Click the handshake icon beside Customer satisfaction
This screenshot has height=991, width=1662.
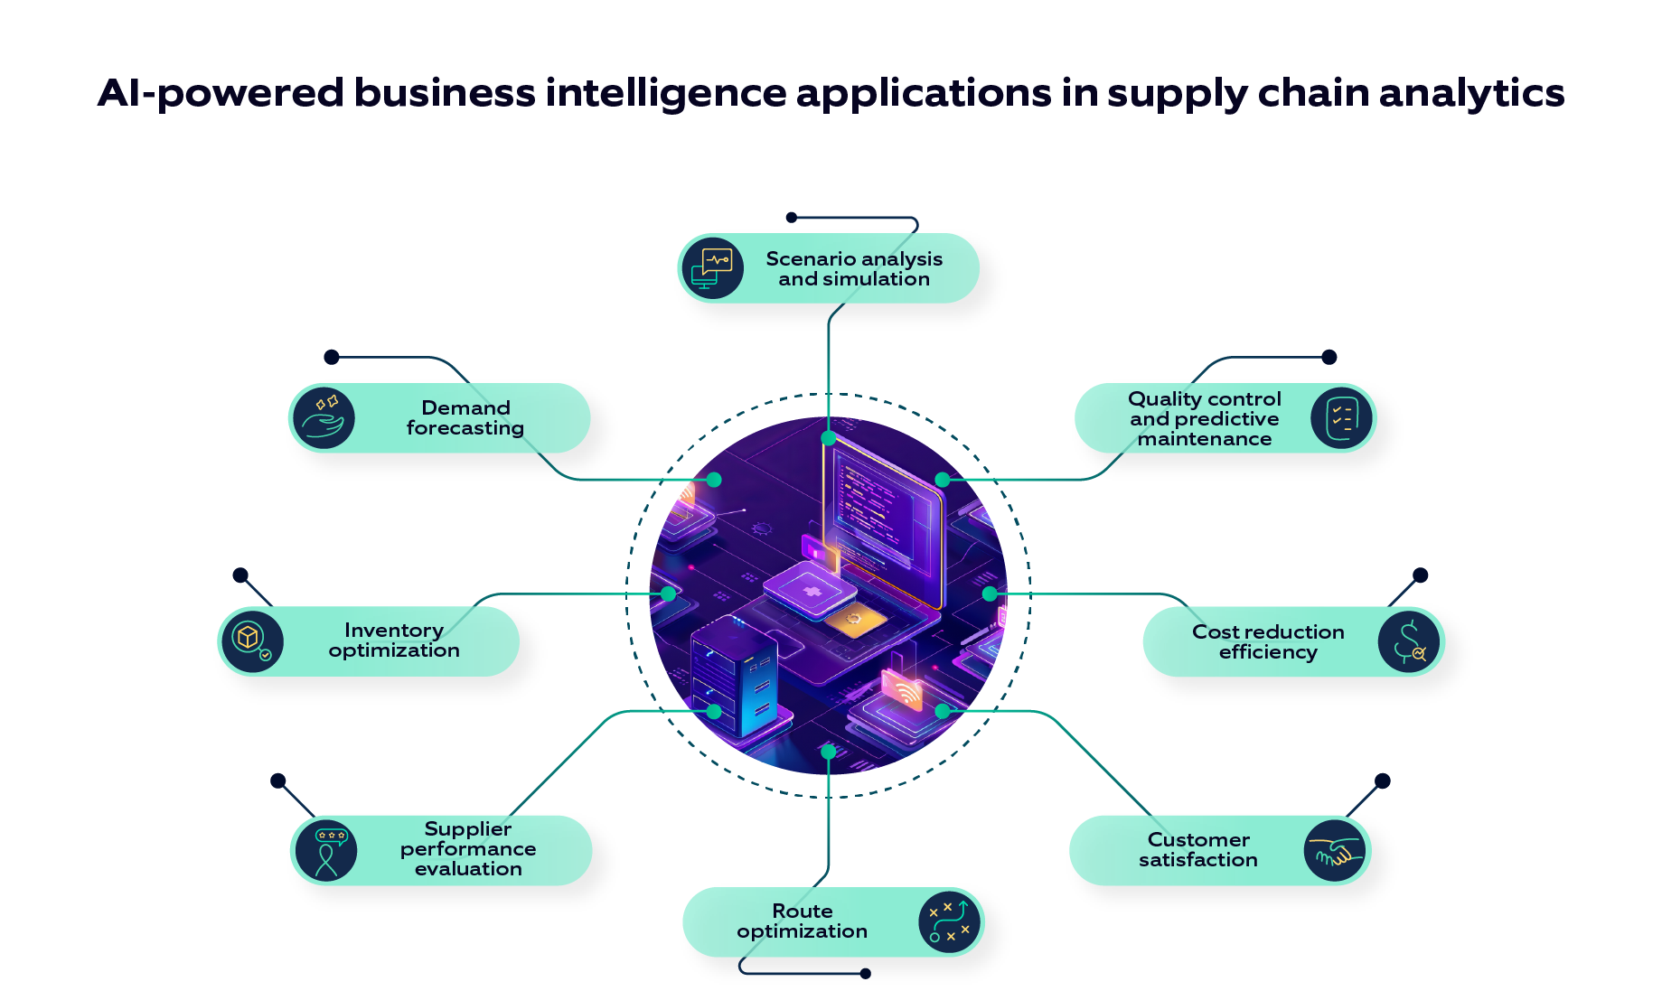pyautogui.click(x=1335, y=851)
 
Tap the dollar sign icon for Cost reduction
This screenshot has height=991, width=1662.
pyautogui.click(x=1408, y=642)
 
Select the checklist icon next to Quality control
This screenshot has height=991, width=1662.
pyautogui.click(x=1341, y=418)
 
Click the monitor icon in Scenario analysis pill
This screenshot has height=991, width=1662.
pyautogui.click(x=713, y=268)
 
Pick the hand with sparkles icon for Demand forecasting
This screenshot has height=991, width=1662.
pyautogui.click(x=324, y=417)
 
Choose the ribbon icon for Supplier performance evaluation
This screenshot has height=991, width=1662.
pyautogui.click(x=326, y=850)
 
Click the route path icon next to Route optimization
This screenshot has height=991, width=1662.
pyautogui.click(x=949, y=921)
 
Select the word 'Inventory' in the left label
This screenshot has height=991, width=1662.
pyautogui.click(x=393, y=630)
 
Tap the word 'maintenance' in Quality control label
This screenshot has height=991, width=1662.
pyautogui.click(x=1204, y=439)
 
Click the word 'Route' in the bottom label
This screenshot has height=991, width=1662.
pyautogui.click(x=802, y=911)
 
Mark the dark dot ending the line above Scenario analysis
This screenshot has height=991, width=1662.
pyautogui.click(x=792, y=218)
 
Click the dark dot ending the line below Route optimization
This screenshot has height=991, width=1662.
pyautogui.click(x=866, y=973)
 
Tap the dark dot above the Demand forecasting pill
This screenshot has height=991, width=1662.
pyautogui.click(x=332, y=358)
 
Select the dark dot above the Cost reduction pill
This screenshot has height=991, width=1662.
pyautogui.click(x=1420, y=575)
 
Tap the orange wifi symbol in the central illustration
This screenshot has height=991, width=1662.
pyautogui.click(x=904, y=691)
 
